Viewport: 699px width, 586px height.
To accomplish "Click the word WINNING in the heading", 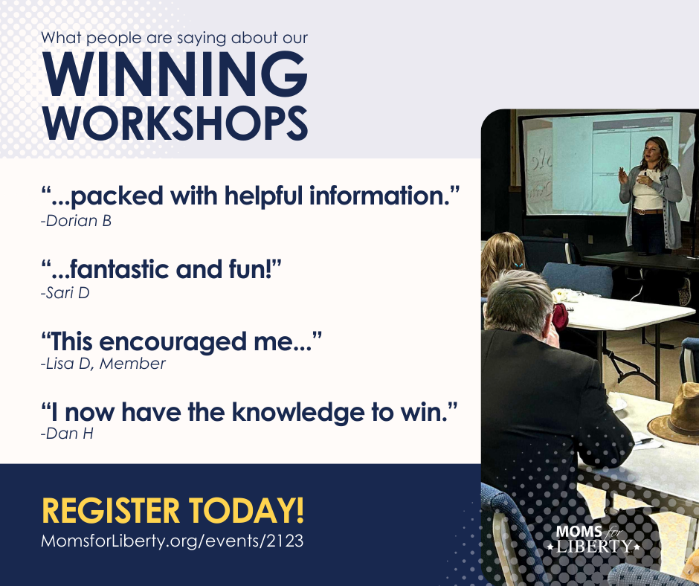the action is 175,74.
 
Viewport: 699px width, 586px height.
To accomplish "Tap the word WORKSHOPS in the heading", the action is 175,123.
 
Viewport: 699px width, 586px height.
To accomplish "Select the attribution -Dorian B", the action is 76,221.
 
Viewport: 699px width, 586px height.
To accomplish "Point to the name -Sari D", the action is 65,292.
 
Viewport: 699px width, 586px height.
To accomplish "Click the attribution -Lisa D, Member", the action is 103,364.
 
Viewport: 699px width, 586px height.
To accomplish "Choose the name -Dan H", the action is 67,434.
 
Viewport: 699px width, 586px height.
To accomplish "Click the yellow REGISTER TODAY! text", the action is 173,510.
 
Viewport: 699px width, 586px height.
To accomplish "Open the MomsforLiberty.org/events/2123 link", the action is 172,541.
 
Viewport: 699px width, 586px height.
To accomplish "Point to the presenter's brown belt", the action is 647,211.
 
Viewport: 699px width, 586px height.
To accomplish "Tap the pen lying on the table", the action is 645,441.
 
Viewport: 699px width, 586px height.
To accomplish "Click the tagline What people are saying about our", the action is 174,38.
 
